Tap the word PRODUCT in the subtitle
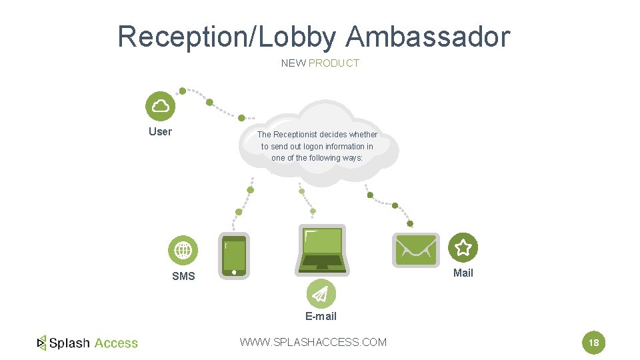tap(334, 63)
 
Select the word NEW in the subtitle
tap(293, 63)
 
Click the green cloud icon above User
tap(160, 106)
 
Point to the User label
tap(160, 131)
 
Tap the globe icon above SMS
tap(183, 251)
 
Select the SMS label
tap(183, 276)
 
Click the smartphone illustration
tap(234, 255)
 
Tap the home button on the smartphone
tap(234, 272)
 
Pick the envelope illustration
tap(415, 249)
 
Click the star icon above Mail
tap(463, 248)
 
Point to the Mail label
tap(463, 273)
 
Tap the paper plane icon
tap(321, 294)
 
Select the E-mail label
tap(321, 316)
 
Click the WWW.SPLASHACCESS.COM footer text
tap(313, 342)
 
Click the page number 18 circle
tap(594, 343)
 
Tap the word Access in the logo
tap(116, 343)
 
